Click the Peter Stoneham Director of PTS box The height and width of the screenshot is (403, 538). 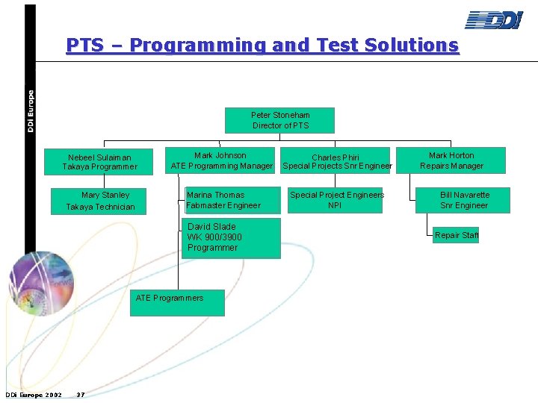pos(279,120)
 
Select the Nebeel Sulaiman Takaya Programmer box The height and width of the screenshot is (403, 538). pos(99,162)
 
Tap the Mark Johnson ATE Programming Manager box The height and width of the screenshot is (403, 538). pos(221,160)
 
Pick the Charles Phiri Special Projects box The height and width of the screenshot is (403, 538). pos(336,162)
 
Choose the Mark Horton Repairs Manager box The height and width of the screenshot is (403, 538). pos(451,160)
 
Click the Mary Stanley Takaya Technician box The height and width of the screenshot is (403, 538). pos(100,201)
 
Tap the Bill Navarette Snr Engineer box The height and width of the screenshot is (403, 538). pos(463,200)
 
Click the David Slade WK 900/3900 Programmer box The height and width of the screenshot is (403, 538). pos(231,238)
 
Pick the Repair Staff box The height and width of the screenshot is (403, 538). pos(456,235)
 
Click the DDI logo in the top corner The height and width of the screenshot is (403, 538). pos(494,20)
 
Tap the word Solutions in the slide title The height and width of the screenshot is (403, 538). pos(411,46)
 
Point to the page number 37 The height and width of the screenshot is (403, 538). pos(81,395)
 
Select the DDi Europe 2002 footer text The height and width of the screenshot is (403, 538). pos(34,395)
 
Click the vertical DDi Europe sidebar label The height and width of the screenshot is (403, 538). pos(31,111)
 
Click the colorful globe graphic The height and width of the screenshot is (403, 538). pos(41,284)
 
